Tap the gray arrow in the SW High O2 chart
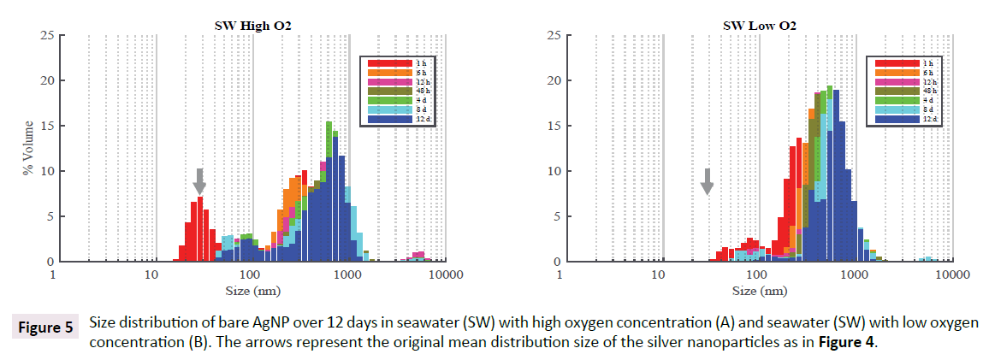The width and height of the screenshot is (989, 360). point(199,180)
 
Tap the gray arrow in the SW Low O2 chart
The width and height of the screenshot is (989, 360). point(707,180)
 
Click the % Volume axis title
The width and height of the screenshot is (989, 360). point(28,148)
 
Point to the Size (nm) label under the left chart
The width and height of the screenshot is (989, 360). point(248,291)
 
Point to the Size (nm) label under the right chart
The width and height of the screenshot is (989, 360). point(755,291)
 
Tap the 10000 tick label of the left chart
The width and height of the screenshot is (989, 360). point(446,275)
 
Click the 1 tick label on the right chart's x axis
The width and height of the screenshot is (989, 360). point(560,275)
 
